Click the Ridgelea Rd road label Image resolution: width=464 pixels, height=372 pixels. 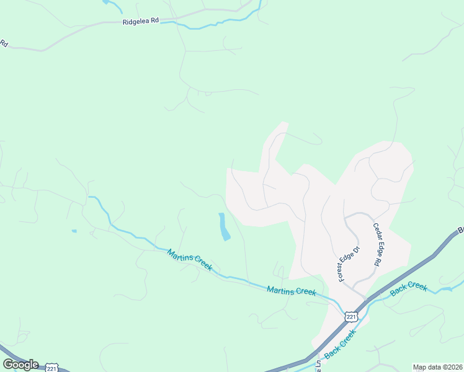click(140, 20)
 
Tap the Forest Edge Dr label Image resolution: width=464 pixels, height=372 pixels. click(349, 265)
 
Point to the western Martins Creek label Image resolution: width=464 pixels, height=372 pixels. click(189, 260)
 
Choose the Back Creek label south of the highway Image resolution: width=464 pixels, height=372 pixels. click(341, 342)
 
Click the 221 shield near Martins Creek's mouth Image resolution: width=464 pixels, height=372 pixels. click(351, 317)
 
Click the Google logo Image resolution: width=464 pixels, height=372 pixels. click(20, 364)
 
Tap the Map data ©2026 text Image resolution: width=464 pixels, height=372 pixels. click(437, 367)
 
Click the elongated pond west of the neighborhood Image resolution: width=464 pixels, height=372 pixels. click(223, 227)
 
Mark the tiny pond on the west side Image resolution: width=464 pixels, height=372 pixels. click(74, 231)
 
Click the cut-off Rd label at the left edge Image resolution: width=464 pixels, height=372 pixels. click(3, 43)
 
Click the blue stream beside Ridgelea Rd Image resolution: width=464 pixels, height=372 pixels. click(211, 24)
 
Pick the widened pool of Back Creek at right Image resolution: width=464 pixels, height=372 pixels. click(445, 289)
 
